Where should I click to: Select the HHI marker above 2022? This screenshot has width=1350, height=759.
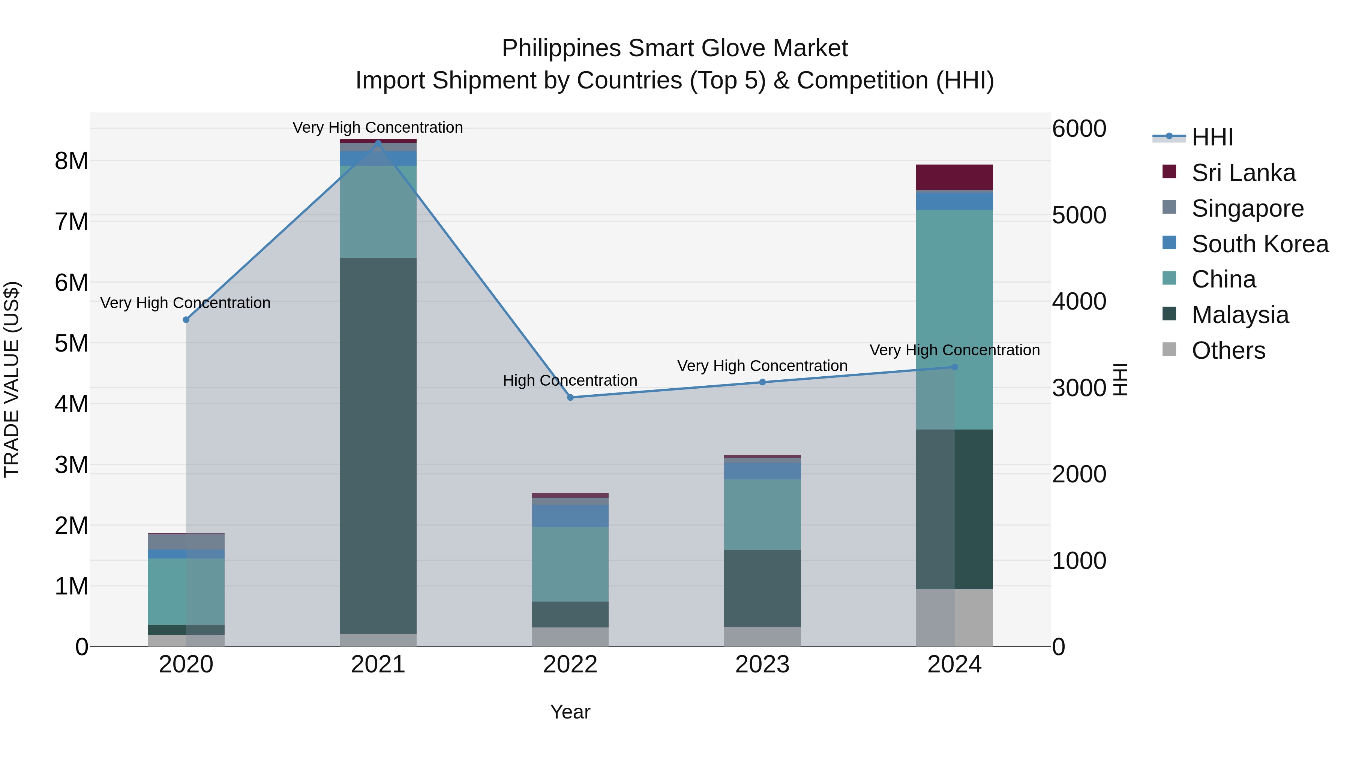pyautogui.click(x=570, y=398)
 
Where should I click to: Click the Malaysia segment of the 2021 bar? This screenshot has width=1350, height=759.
pyautogui.click(x=378, y=445)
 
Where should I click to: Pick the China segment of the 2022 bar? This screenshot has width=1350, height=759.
pyautogui.click(x=570, y=564)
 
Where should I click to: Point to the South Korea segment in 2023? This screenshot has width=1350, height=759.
pyautogui.click(x=762, y=471)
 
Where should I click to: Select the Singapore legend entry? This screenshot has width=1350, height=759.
pyautogui.click(x=1247, y=208)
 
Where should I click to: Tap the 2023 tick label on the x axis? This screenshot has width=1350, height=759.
pyautogui.click(x=762, y=665)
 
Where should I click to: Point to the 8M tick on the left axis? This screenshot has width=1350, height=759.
pyautogui.click(x=72, y=161)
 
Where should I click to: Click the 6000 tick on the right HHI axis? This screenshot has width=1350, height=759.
pyautogui.click(x=1079, y=129)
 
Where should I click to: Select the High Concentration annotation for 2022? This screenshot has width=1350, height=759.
pyautogui.click(x=570, y=380)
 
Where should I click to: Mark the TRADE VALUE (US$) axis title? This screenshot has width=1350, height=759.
pyautogui.click(x=12, y=379)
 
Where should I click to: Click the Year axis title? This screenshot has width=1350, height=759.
pyautogui.click(x=570, y=712)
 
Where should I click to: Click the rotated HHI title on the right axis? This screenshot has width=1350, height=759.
pyautogui.click(x=1120, y=379)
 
